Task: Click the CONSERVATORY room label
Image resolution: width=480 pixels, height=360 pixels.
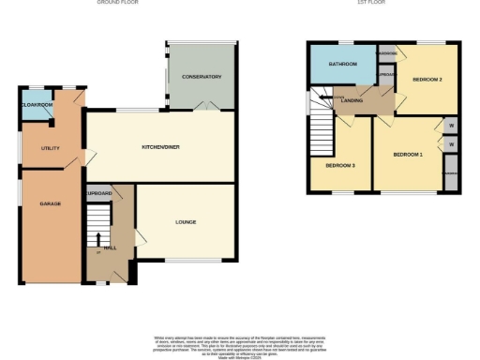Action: [202, 77]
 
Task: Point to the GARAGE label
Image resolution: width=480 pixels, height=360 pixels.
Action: [49, 203]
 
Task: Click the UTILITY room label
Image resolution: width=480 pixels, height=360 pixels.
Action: [50, 148]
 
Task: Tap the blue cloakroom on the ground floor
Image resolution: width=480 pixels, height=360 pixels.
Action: [35, 105]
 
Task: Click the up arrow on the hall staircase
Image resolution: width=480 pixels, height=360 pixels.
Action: [97, 251]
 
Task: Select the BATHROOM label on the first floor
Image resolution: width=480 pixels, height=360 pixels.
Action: [342, 64]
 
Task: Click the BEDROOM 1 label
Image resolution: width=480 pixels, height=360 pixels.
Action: [408, 154]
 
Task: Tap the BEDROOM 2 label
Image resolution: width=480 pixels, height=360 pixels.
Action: [427, 80]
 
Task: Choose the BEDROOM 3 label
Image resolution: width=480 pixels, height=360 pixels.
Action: [340, 165]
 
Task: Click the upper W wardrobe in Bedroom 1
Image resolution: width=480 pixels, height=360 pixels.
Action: [451, 127]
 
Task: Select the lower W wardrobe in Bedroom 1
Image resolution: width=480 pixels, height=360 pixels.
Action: [451, 145]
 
